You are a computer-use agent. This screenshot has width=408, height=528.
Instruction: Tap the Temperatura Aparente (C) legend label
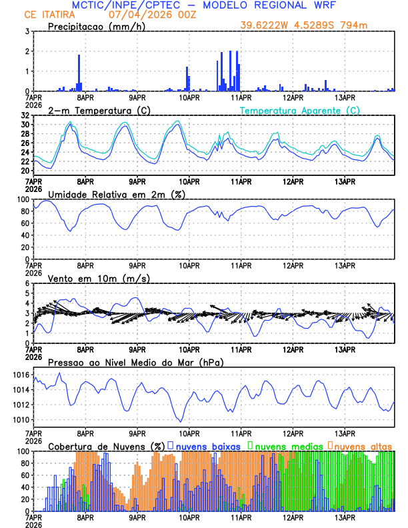click(299, 110)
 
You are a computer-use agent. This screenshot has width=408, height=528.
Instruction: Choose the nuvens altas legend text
click(363, 445)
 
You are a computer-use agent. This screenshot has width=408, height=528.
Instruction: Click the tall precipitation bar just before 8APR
click(79, 73)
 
